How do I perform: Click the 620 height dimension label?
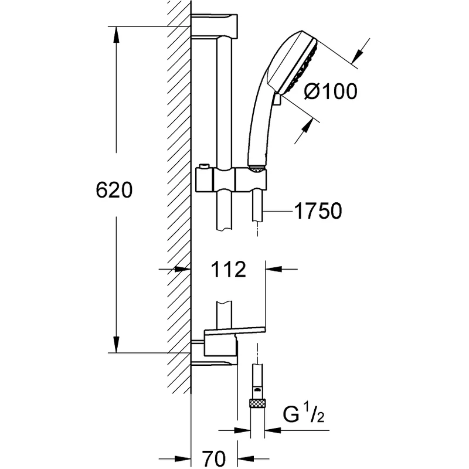tap(114, 190)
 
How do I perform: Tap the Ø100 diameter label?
tap(331, 91)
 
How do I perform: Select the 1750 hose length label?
tap(318, 211)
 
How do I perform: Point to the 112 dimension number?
tap(228, 269)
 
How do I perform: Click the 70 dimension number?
tap(214, 458)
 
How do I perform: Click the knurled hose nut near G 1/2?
tap(257, 403)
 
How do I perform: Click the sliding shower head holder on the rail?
tap(231, 180)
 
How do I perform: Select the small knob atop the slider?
tap(204, 166)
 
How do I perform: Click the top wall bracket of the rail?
tap(214, 26)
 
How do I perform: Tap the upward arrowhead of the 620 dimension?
tap(116, 35)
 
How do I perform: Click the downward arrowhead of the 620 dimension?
tap(116, 345)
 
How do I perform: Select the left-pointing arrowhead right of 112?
tap(274, 269)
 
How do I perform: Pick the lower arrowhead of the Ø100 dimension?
tap(307, 125)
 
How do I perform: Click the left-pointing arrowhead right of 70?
tap(246, 458)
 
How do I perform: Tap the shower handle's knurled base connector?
tap(257, 169)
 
